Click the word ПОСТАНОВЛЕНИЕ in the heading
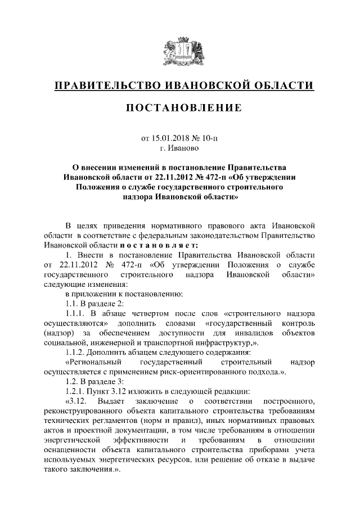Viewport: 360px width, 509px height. point(180,107)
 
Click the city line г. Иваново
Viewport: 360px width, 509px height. point(179,147)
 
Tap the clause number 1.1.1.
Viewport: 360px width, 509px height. point(76,313)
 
